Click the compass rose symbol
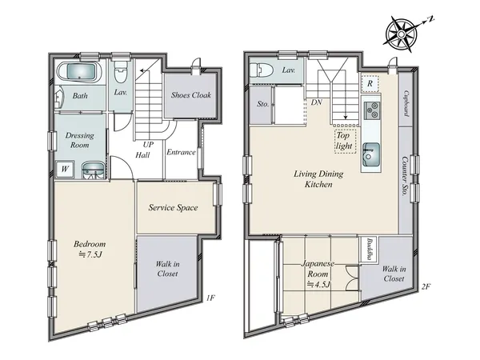tap(402, 34)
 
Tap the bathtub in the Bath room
tap(79, 72)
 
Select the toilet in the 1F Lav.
tap(121, 72)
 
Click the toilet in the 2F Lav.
tap(261, 70)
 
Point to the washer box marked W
tap(65, 169)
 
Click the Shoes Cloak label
tap(191, 95)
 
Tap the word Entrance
tap(181, 152)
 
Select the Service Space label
tap(173, 207)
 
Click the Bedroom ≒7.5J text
tap(90, 249)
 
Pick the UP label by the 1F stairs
tap(148, 145)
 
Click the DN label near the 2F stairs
tap(317, 102)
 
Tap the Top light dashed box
tap(346, 141)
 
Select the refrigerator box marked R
tap(370, 83)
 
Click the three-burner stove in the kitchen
tap(371, 110)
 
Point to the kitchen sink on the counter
tap(371, 154)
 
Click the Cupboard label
tap(406, 103)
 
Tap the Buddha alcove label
tap(369, 249)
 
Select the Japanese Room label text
tap(318, 269)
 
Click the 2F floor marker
tap(426, 287)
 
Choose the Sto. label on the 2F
tap(262, 104)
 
